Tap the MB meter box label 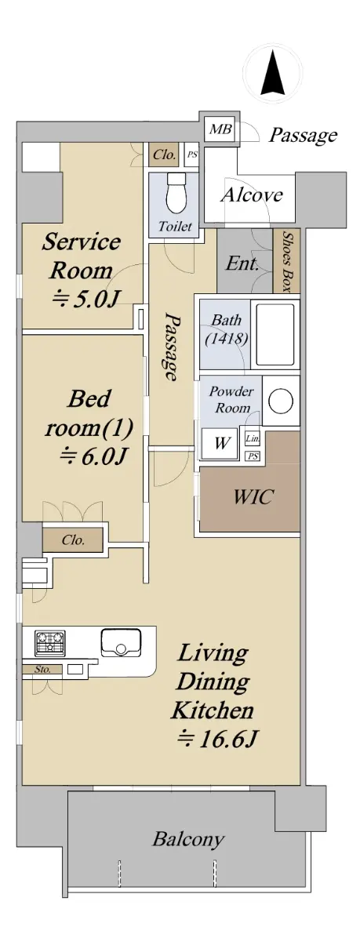pos(220,129)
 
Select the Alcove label pos(252,195)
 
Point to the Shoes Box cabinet pos(286,261)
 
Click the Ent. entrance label pos(242,263)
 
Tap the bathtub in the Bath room pos(275,334)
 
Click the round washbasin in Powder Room pos(280,401)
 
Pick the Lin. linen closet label pos(253,439)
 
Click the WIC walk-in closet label pos(253,496)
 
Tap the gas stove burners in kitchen pos(50,642)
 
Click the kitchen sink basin pos(121,642)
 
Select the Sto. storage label pos(42,669)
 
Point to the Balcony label pos(187,840)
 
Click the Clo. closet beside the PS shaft pos(164,154)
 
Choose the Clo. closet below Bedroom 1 pos(73,540)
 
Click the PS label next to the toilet pos(191,154)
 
